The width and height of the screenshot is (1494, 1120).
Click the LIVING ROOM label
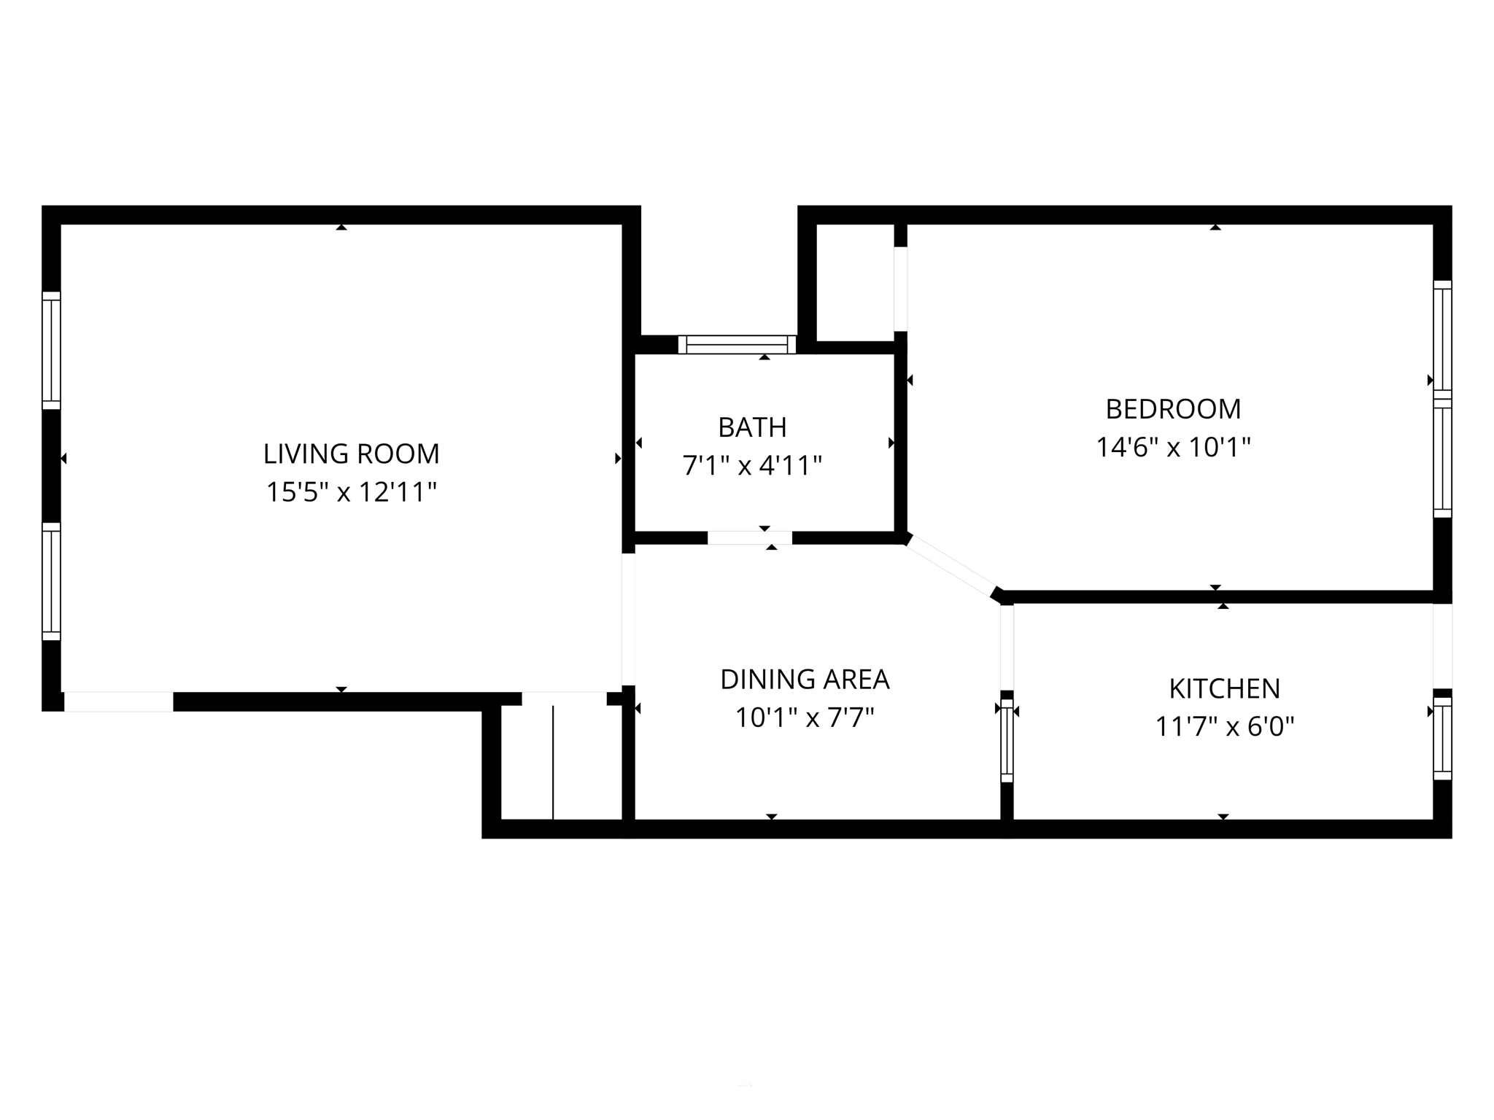pos(351,454)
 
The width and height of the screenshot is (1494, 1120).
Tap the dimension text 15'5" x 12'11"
pos(351,492)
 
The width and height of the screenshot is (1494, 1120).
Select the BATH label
pos(752,427)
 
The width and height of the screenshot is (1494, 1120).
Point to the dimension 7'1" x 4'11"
pos(752,465)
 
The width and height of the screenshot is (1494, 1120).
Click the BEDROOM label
pos(1173,409)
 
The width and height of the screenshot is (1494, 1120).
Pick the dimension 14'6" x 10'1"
pos(1173,447)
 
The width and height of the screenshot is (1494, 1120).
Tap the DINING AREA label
pos(805,680)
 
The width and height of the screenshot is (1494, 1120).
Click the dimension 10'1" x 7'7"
pos(805,718)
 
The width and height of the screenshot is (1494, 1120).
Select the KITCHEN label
pos(1224,688)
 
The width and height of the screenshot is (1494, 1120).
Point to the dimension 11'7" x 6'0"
pos(1224,727)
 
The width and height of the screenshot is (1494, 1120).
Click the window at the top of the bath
pos(737,344)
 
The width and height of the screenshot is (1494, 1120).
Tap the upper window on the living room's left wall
pos(51,351)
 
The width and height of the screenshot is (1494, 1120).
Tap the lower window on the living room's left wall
pos(51,581)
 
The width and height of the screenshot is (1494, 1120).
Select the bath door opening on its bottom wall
pos(749,538)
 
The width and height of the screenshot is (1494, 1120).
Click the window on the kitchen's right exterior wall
pos(1442,739)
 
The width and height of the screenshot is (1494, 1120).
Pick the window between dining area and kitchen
pos(1007,741)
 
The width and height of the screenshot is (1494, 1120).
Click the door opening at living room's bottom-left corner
pos(119,701)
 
